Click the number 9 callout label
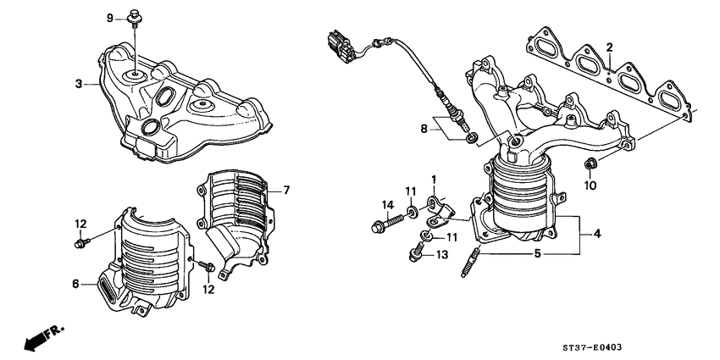109,18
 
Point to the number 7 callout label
286,190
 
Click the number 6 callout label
76,285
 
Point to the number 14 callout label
387,204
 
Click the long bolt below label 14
379,225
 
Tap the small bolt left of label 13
418,252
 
